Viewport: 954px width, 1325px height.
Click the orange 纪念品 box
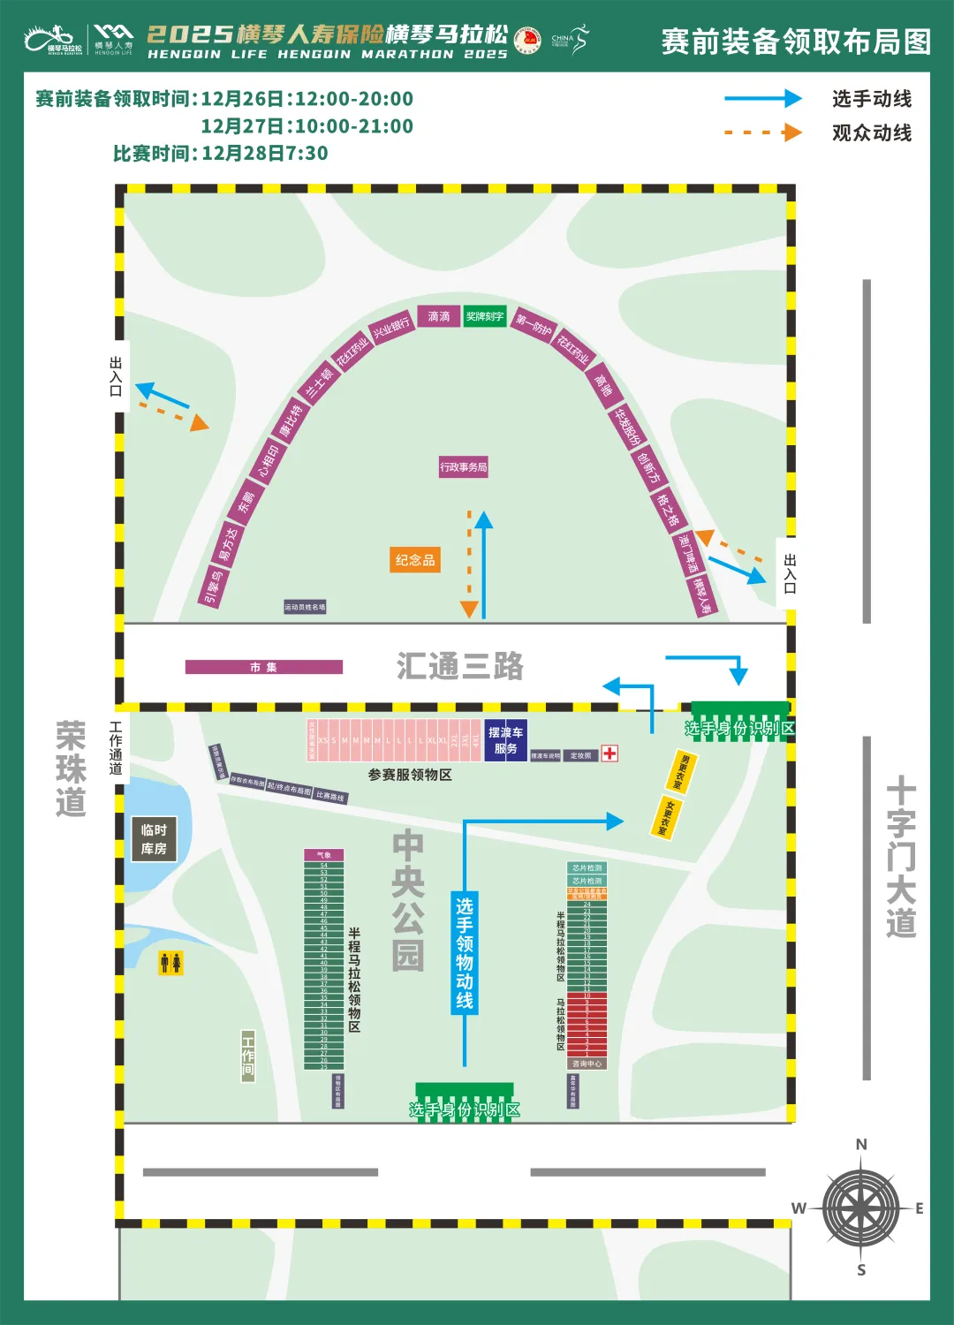pyautogui.click(x=415, y=560)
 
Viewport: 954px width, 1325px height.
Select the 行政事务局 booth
pyautogui.click(x=464, y=467)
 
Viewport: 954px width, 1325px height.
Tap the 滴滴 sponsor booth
pyautogui.click(x=439, y=316)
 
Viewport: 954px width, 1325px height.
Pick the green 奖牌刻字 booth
pyautogui.click(x=485, y=316)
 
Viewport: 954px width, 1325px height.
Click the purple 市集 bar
pyautogui.click(x=263, y=668)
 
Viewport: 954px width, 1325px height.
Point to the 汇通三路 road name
pyautogui.click(x=460, y=666)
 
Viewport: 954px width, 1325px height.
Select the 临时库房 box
pyautogui.click(x=154, y=839)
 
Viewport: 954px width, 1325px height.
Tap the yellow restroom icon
pyautogui.click(x=170, y=962)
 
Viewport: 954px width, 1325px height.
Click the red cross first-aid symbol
pyautogui.click(x=609, y=753)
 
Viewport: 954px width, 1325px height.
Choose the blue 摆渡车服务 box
pyautogui.click(x=505, y=740)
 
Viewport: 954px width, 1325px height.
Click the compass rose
pyautogui.click(x=860, y=1208)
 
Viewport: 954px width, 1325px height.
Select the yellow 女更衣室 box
pyautogui.click(x=667, y=818)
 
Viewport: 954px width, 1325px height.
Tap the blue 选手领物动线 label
pyautogui.click(x=465, y=953)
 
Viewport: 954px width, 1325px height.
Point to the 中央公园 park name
pyautogui.click(x=408, y=900)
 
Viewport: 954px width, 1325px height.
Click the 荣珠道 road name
pyautogui.click(x=71, y=768)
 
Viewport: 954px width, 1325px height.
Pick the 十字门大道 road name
pyautogui.click(x=901, y=857)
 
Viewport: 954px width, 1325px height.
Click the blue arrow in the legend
pyautogui.click(x=763, y=99)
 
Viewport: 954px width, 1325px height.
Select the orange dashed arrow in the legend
pyautogui.click(x=763, y=132)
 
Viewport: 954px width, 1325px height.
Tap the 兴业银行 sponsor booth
pyautogui.click(x=390, y=328)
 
